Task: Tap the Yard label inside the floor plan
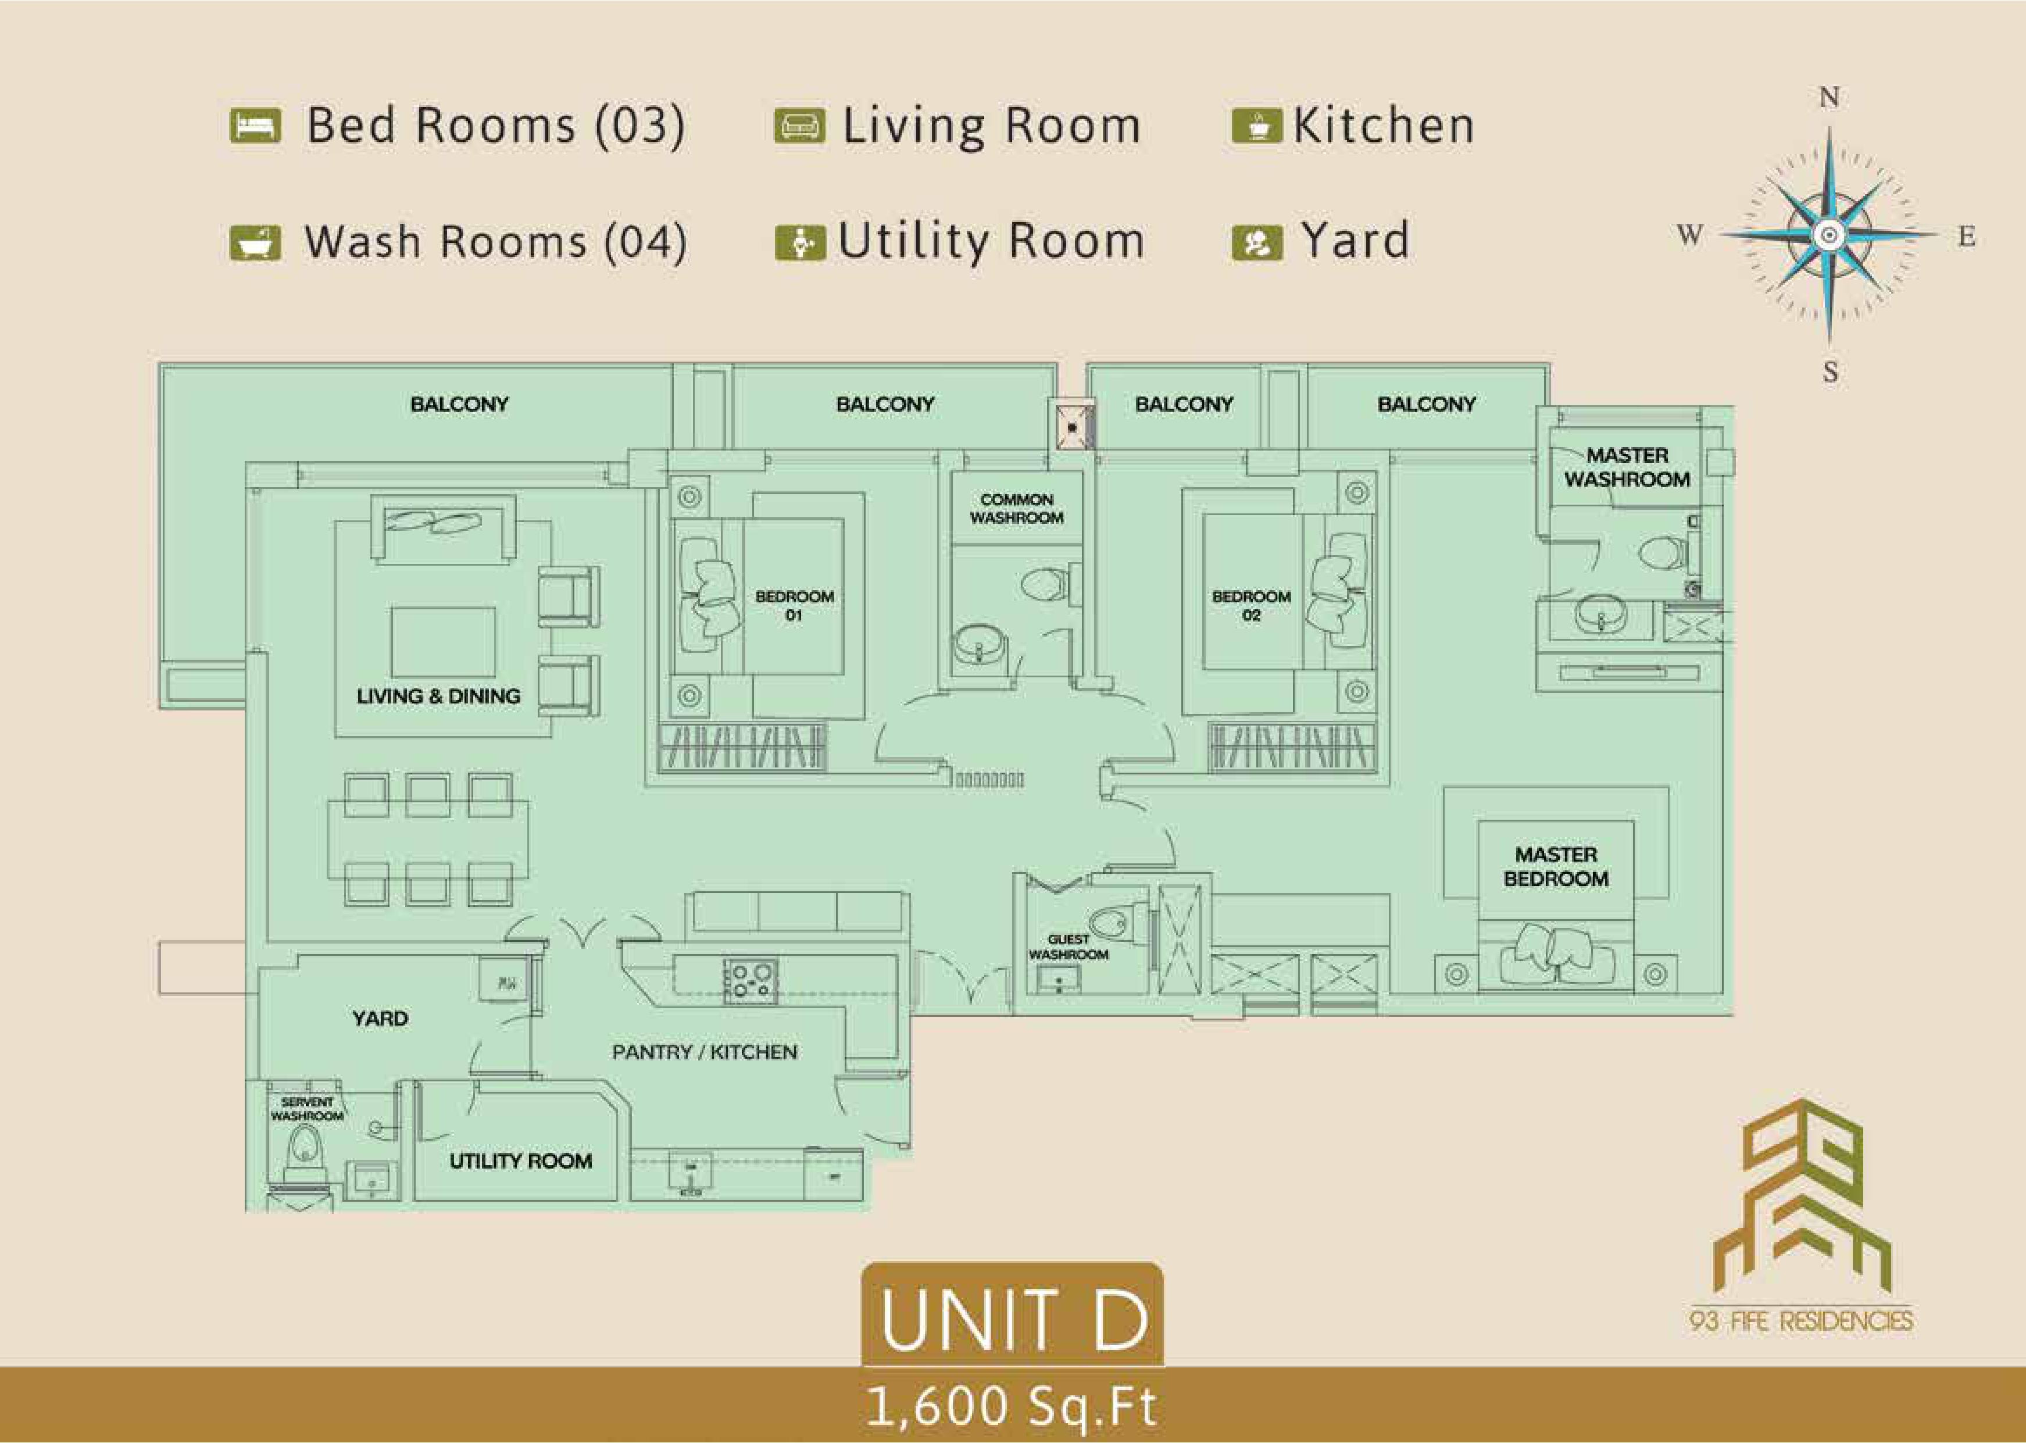click(380, 1018)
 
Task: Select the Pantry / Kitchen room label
click(705, 1052)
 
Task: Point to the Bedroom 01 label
click(794, 605)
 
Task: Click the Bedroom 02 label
click(1251, 605)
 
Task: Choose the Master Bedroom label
click(1556, 866)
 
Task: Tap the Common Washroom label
click(1017, 508)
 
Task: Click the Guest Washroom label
click(1068, 946)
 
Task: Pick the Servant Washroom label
click(308, 1108)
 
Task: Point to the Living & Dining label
click(438, 696)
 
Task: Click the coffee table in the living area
click(444, 644)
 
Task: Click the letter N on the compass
click(1829, 97)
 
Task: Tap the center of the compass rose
click(1829, 234)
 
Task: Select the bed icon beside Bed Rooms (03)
click(255, 125)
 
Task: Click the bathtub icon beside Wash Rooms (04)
click(255, 242)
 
